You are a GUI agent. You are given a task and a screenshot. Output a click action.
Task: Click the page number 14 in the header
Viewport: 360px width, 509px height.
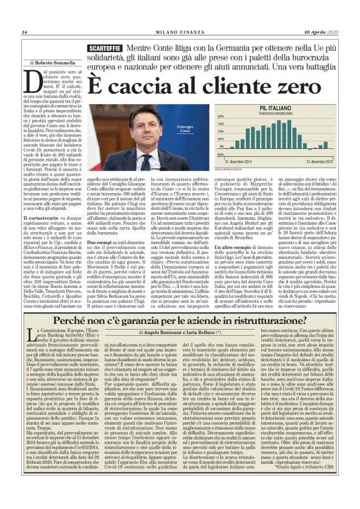coord(24,32)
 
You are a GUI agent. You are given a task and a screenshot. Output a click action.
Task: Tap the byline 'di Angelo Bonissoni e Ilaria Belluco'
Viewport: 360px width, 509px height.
coord(179,334)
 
